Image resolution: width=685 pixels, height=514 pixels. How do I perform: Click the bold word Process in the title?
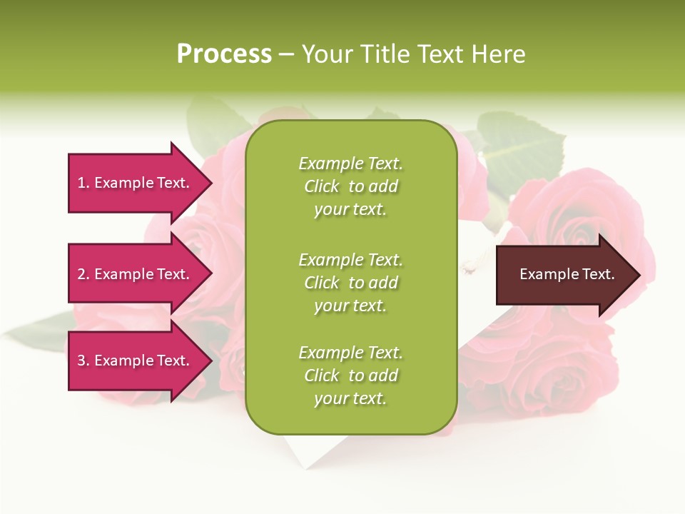pos(224,54)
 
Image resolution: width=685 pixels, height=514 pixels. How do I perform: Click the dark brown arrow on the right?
pos(564,275)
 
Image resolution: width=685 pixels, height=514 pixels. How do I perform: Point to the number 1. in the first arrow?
pos(83,183)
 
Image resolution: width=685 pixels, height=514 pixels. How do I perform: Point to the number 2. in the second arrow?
pos(83,274)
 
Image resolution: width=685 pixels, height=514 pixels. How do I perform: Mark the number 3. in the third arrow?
pos(83,361)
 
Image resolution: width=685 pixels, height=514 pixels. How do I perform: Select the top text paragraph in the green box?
pos(350,186)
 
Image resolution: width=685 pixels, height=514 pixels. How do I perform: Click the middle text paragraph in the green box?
pos(350,283)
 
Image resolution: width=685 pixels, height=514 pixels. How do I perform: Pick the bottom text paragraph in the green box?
pos(350,376)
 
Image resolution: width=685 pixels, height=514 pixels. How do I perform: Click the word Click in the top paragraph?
pos(322,186)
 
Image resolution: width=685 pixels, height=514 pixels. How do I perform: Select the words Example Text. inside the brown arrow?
pos(567,274)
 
